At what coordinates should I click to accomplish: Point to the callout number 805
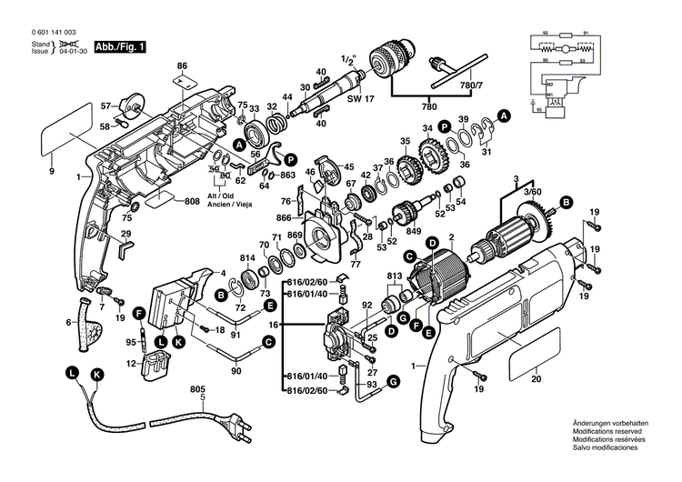[x=197, y=389]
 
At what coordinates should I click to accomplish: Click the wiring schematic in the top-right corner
[x=567, y=73]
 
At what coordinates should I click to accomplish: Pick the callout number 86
[x=182, y=65]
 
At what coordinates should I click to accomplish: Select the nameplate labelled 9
[x=67, y=133]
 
